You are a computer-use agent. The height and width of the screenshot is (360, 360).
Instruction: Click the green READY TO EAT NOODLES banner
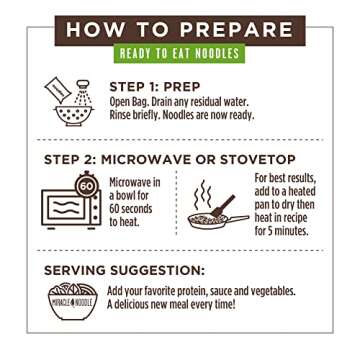tap(180, 53)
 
